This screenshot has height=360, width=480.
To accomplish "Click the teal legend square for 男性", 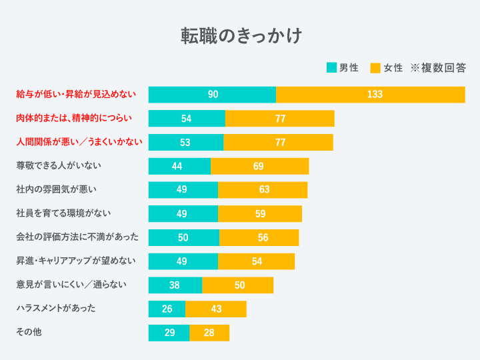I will pos(331,67).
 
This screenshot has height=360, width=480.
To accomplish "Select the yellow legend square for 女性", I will pos(375,67).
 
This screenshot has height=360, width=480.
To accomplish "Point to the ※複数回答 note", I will pos(437,67).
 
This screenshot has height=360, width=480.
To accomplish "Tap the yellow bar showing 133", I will pos(371,95).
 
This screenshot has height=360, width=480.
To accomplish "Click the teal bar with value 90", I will pos(212,95).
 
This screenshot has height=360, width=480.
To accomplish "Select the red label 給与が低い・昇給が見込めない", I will pos(76,94).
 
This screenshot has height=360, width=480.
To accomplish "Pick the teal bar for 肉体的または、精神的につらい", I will pos(187,119).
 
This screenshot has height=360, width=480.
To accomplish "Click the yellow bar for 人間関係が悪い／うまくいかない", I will pos(278,143).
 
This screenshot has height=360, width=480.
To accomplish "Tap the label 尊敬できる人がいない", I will pos(59,165).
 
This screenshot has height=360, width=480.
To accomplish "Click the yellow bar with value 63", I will pos(263,190).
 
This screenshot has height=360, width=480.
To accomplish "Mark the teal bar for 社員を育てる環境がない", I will pos(183,214).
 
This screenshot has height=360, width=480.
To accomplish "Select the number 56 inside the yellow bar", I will pos(263,238).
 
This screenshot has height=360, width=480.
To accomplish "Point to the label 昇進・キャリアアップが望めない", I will pos(76,261).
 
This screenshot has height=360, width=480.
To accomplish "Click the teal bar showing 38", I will pos(175,285).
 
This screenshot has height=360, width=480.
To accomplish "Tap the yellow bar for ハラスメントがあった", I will pos(215,309).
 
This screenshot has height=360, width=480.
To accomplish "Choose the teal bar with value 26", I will pos(167,309).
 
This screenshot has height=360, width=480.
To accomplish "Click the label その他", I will pos(29,331).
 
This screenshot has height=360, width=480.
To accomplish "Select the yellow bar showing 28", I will pos(209,333).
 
